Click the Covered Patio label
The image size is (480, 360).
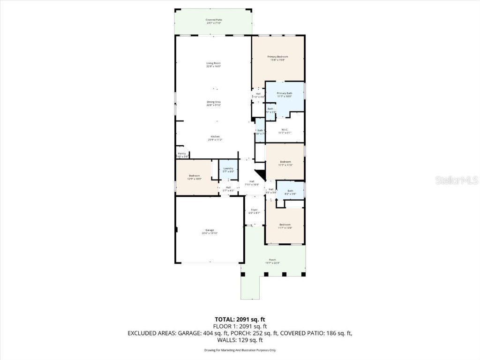click(213, 21)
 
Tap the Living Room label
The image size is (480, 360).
click(213, 65)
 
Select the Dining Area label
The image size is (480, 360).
click(213, 104)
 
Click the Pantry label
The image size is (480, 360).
click(182, 155)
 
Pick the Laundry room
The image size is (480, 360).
click(228, 170)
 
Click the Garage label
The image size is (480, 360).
click(210, 232)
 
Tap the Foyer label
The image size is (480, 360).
click(254, 211)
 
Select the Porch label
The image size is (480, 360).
click(272, 261)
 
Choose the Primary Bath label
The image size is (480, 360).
click(284, 95)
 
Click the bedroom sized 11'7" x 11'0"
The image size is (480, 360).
click(285, 163)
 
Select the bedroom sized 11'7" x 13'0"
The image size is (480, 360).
click(285, 226)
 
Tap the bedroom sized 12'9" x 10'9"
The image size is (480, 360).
click(194, 177)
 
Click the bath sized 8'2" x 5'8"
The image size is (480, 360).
click(290, 192)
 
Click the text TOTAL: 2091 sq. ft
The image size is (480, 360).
click(240, 320)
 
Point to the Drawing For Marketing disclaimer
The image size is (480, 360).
click(240, 350)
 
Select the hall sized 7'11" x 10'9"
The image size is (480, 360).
click(252, 183)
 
